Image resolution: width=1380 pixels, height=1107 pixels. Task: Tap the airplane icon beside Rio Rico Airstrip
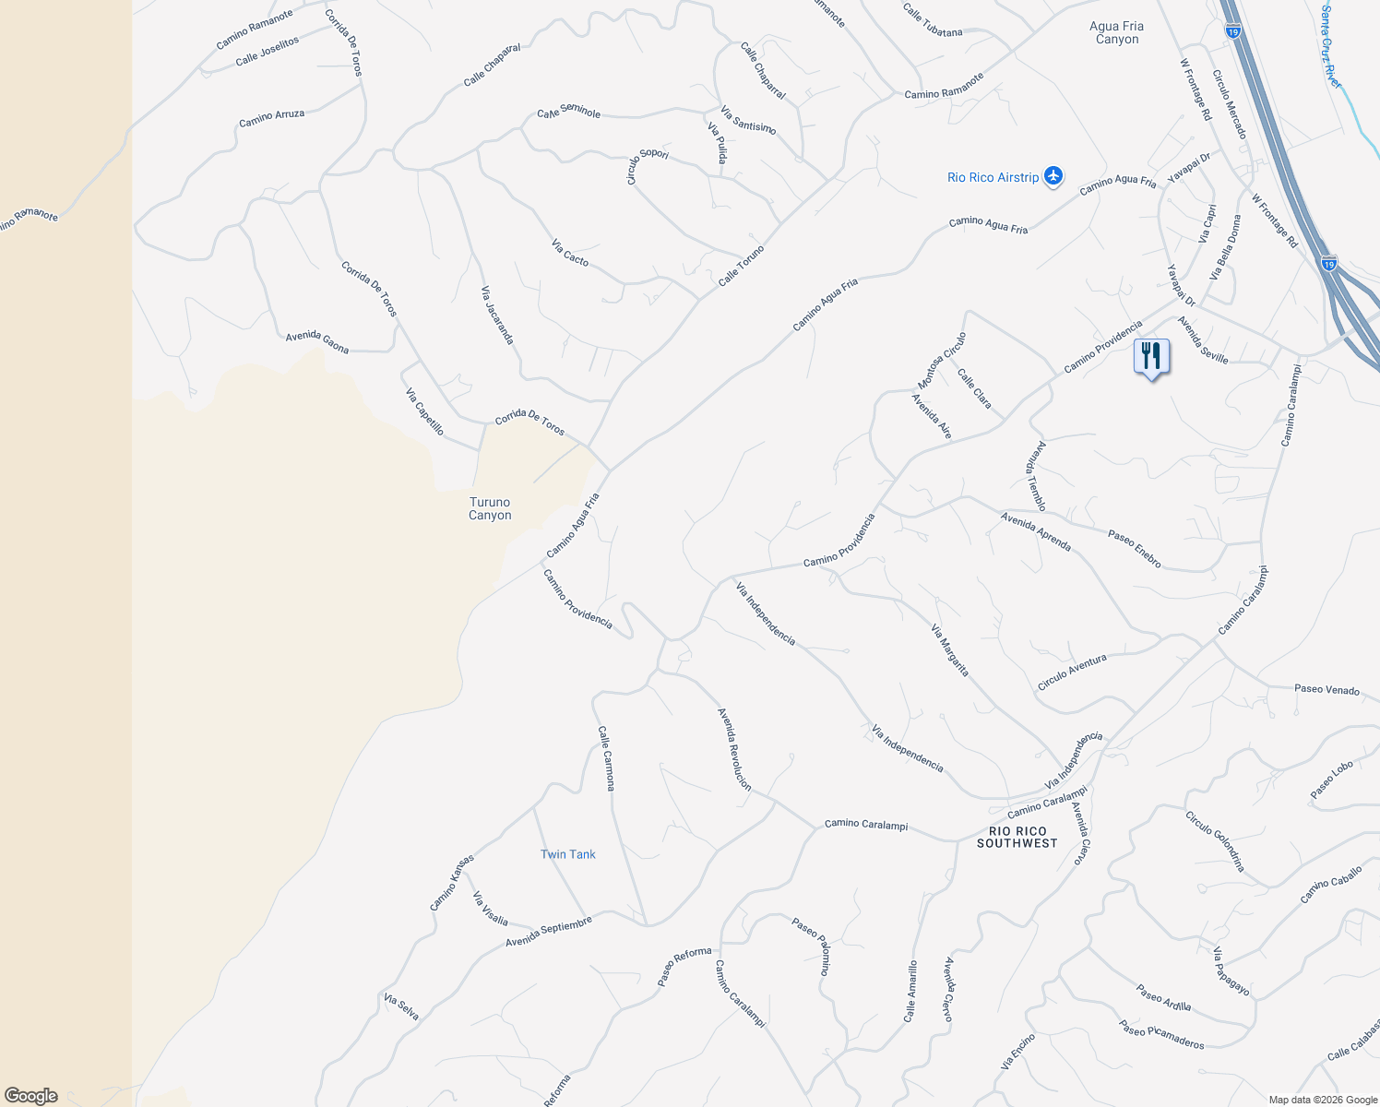[1053, 176]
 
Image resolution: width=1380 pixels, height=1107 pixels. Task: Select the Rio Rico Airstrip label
[993, 177]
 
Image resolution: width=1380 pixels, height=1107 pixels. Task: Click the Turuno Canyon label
[490, 508]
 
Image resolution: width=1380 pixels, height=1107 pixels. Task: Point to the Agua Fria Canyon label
[1117, 33]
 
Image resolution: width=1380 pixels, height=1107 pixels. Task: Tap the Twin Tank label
[568, 854]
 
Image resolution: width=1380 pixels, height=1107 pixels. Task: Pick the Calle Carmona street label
[606, 758]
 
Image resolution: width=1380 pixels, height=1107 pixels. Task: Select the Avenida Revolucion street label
[735, 749]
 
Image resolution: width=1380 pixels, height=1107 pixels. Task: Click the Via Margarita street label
[950, 650]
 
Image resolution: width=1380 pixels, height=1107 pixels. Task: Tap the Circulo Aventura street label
[1072, 672]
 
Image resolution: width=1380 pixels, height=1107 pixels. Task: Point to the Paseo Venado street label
[1326, 689]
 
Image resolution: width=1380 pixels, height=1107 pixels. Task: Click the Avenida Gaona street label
[317, 341]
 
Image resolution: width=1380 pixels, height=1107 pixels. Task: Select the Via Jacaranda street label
[497, 315]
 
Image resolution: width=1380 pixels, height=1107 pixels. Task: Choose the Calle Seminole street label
[569, 112]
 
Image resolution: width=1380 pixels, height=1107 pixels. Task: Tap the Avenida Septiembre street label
[548, 932]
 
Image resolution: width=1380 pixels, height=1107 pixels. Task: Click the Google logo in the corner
[31, 1095]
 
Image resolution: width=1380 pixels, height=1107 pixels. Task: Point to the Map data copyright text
[1323, 1100]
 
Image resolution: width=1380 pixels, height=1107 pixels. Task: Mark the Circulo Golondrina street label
[1215, 840]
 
